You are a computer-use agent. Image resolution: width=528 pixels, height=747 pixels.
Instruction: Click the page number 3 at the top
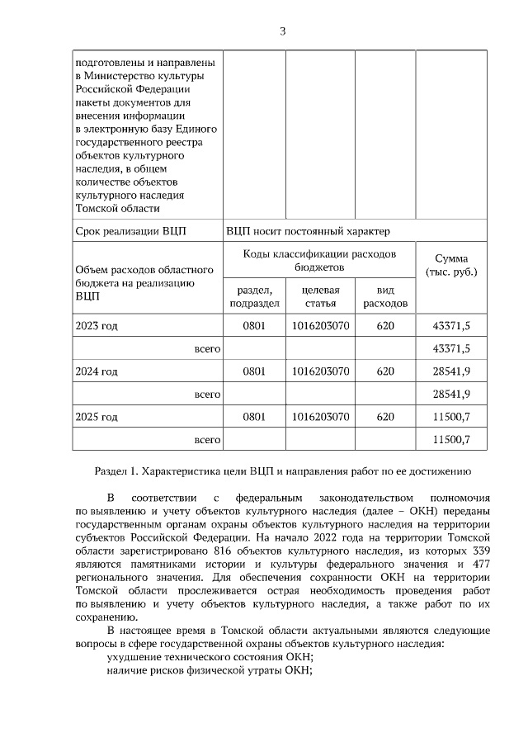pyautogui.click(x=282, y=31)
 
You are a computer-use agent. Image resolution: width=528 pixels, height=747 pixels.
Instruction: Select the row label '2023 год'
pyautogui.click(x=96, y=326)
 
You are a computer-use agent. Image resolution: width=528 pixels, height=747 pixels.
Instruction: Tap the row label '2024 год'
pyautogui.click(x=96, y=371)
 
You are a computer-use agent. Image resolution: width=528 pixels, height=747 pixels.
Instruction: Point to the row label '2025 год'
pyautogui.click(x=96, y=417)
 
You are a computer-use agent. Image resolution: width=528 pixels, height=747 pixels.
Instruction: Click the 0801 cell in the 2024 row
pyautogui.click(x=254, y=371)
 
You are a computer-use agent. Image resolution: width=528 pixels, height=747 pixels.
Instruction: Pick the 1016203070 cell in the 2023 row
pyautogui.click(x=321, y=326)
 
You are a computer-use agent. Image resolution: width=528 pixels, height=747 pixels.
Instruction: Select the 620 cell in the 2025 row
pyautogui.click(x=385, y=417)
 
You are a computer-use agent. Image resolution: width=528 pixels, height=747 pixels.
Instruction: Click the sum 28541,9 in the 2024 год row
pyautogui.click(x=450, y=371)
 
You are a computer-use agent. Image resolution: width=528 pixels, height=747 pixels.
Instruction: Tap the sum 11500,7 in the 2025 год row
pyautogui.click(x=450, y=417)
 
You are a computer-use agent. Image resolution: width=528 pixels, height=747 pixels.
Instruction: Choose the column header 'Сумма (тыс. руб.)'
pyautogui.click(x=450, y=265)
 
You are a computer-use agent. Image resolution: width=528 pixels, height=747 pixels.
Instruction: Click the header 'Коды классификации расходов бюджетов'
pyautogui.click(x=320, y=260)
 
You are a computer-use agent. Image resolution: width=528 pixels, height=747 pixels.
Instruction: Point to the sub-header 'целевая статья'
pyautogui.click(x=321, y=296)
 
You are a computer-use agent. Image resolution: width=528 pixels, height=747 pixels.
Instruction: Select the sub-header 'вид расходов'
pyautogui.click(x=385, y=296)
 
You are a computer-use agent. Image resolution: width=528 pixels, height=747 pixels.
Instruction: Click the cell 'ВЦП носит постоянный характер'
pyautogui.click(x=308, y=230)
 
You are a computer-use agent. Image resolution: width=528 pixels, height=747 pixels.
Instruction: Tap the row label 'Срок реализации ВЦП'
pyautogui.click(x=130, y=230)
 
